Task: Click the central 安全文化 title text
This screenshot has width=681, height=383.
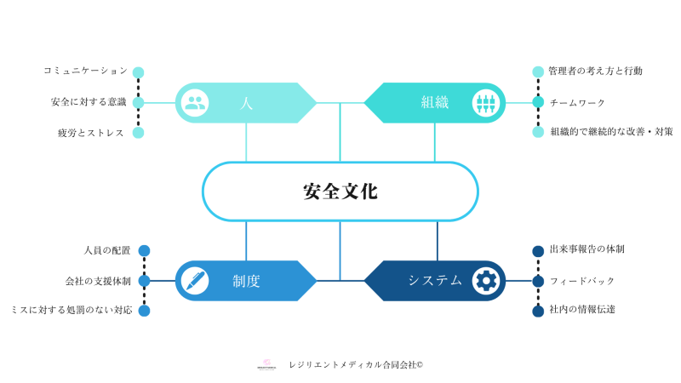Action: (x=340, y=191)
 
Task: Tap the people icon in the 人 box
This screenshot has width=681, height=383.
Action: (x=195, y=103)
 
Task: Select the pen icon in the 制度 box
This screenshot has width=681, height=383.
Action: (x=195, y=280)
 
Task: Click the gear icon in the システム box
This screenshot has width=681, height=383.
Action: (x=486, y=280)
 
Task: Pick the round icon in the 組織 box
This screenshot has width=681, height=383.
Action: (x=486, y=103)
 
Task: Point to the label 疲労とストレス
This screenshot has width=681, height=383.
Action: (x=91, y=133)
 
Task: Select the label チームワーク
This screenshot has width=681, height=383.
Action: (x=577, y=103)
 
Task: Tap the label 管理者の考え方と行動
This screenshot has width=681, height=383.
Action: (x=595, y=71)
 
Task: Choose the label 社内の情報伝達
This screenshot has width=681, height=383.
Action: (x=582, y=310)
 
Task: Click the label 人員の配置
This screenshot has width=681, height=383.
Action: (x=107, y=250)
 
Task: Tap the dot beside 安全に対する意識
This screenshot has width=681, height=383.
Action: (x=138, y=103)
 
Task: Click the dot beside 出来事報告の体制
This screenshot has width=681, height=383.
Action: (x=538, y=251)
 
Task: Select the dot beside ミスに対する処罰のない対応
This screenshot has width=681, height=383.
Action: (x=144, y=311)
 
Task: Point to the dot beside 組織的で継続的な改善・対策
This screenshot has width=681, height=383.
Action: (x=538, y=132)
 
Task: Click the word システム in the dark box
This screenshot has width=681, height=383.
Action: (x=435, y=280)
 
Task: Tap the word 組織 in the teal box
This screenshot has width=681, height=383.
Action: (x=434, y=103)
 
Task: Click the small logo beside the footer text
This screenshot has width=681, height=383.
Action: (x=266, y=364)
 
